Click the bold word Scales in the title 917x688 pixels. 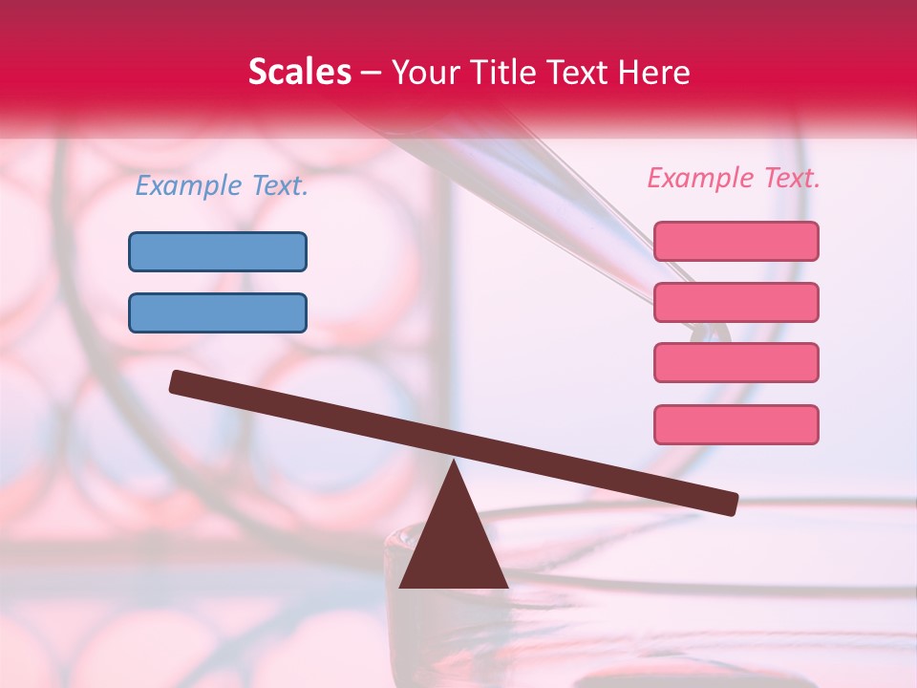(x=299, y=73)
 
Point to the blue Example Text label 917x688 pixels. (x=222, y=186)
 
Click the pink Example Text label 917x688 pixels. (x=734, y=178)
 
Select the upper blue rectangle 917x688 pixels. (x=218, y=252)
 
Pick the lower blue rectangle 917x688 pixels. (x=218, y=313)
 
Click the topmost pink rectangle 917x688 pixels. (x=736, y=242)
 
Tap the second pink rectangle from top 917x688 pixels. (x=736, y=303)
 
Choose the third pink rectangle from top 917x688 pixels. (x=736, y=363)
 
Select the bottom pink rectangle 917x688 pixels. (x=736, y=424)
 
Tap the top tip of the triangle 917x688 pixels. (x=454, y=464)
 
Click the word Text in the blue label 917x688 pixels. (x=279, y=186)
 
